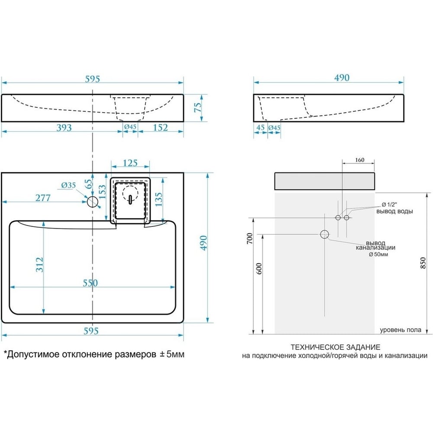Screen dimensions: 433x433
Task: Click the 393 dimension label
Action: pos(64,128)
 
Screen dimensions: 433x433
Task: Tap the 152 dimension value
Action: pos(161,128)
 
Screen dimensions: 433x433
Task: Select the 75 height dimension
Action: pos(198,107)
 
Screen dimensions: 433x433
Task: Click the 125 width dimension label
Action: pos(130,163)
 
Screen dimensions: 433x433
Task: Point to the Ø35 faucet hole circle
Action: pos(93,202)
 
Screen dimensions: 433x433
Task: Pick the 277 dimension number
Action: pos(43,198)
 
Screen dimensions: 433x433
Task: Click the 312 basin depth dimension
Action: pos(40,265)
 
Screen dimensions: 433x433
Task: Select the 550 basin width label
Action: pos(90,283)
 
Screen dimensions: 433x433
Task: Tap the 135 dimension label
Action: pos(159,199)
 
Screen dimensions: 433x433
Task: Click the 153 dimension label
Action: pos(102,192)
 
